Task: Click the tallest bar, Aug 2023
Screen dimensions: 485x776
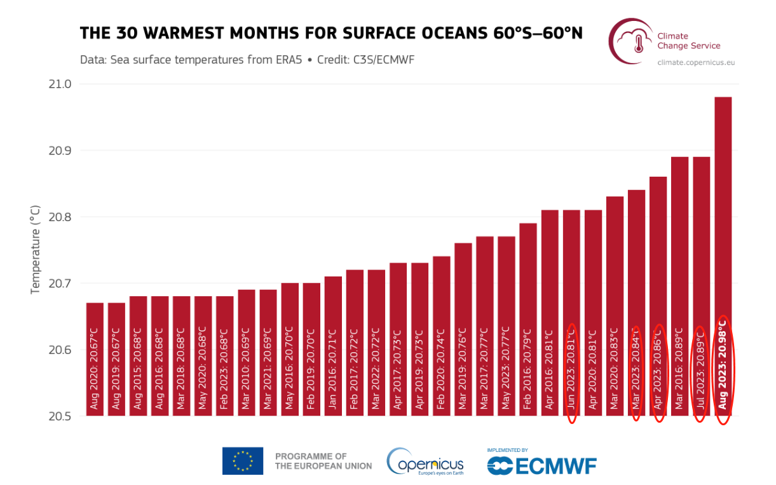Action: point(723,254)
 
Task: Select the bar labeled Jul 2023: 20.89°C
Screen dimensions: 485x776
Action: point(701,286)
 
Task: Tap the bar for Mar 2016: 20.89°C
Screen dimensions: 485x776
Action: point(679,286)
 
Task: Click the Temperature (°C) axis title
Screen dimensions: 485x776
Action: point(36,250)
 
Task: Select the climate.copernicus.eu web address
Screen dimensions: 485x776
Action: point(697,62)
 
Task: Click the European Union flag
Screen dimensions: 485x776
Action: point(243,461)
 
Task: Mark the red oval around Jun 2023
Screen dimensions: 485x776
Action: point(571,373)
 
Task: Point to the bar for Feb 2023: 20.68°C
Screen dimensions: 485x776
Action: point(225,356)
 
